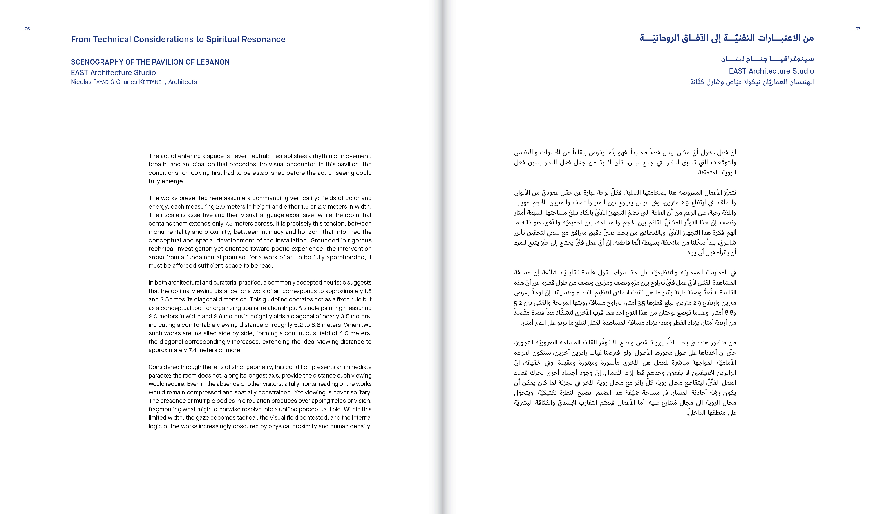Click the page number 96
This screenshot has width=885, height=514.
27,29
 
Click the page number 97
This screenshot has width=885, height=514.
858,29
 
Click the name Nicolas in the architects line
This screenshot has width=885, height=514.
81,82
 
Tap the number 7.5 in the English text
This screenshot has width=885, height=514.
267,223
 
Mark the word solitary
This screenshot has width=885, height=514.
360,392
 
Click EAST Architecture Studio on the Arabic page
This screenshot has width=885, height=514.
771,71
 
